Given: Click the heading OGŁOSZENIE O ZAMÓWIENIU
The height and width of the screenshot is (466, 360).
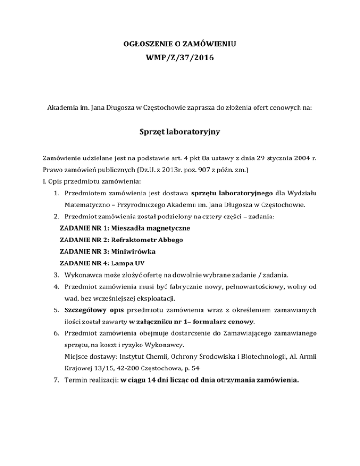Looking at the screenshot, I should [x=180, y=46].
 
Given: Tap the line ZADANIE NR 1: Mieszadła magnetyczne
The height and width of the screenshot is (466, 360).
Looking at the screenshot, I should [x=125, y=228].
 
